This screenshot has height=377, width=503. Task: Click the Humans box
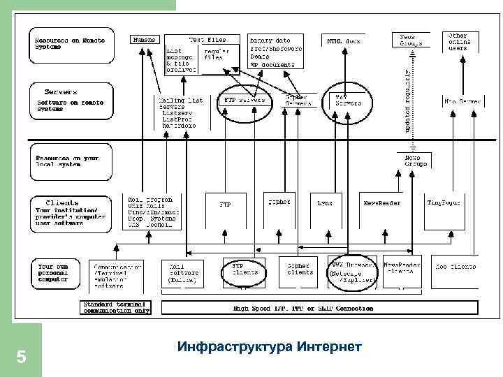[x=144, y=40]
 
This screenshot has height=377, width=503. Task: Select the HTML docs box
[x=344, y=41]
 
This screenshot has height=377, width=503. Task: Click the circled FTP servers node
[x=244, y=103]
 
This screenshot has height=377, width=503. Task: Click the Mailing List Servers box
[x=180, y=112]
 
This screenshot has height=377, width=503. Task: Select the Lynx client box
[x=325, y=203]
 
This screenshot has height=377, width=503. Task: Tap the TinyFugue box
[x=445, y=203]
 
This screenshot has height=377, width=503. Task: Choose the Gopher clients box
[x=300, y=269]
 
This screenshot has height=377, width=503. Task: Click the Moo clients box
[x=454, y=267]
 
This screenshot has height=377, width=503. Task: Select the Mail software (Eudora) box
[x=183, y=273]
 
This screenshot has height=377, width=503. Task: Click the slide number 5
[x=21, y=357]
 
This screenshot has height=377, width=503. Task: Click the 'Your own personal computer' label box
[x=59, y=272]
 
